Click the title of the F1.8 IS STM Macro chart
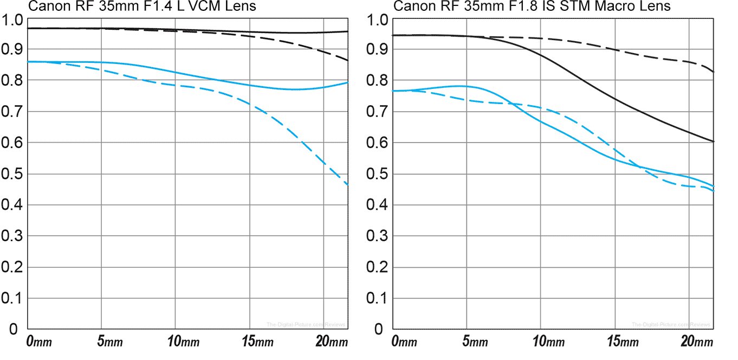(x=532, y=7)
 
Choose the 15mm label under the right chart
(x=622, y=343)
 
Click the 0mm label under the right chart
(x=404, y=343)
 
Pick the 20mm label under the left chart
(x=331, y=343)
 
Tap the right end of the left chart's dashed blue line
(x=347, y=185)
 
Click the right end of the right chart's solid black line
(x=713, y=142)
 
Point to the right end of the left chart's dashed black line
(x=347, y=60)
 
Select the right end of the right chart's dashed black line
(x=713, y=72)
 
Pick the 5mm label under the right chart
(x=476, y=343)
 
